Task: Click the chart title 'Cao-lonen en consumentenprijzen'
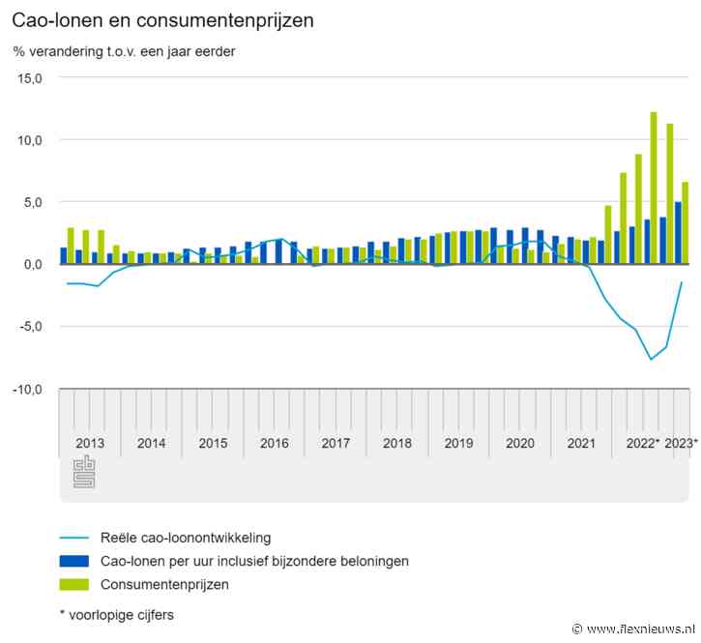click(162, 19)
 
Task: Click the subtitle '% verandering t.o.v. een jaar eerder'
click(124, 51)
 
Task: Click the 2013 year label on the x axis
click(90, 443)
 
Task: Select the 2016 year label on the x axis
click(274, 443)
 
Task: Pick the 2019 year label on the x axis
click(458, 443)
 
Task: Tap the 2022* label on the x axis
click(643, 443)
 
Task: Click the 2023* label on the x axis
click(682, 443)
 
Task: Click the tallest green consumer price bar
click(654, 188)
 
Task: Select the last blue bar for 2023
click(679, 232)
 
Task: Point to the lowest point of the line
click(651, 359)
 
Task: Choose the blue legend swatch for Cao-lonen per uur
click(73, 561)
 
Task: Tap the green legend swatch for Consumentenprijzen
click(73, 584)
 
